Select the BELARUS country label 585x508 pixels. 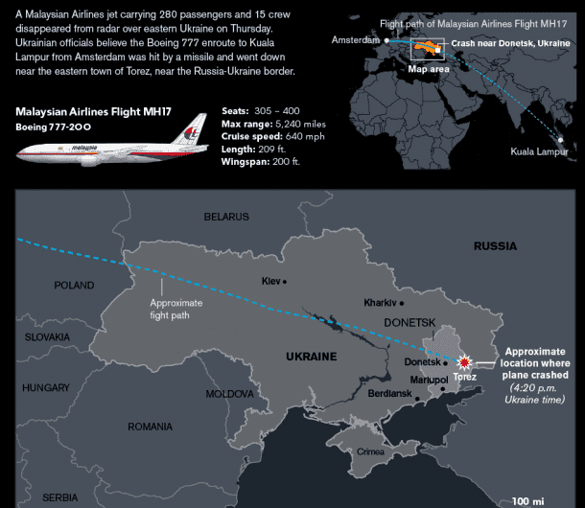[226, 218]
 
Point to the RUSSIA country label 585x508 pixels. [495, 246]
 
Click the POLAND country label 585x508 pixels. [74, 286]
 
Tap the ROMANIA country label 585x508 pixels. [150, 427]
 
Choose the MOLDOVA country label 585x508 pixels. [229, 394]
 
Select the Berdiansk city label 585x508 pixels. [389, 395]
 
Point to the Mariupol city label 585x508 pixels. [429, 381]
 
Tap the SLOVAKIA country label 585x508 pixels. [47, 337]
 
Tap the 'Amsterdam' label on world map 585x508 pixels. [356, 40]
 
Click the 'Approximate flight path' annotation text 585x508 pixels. [176, 307]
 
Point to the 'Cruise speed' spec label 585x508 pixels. [252, 136]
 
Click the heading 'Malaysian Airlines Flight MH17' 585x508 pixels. [93, 112]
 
